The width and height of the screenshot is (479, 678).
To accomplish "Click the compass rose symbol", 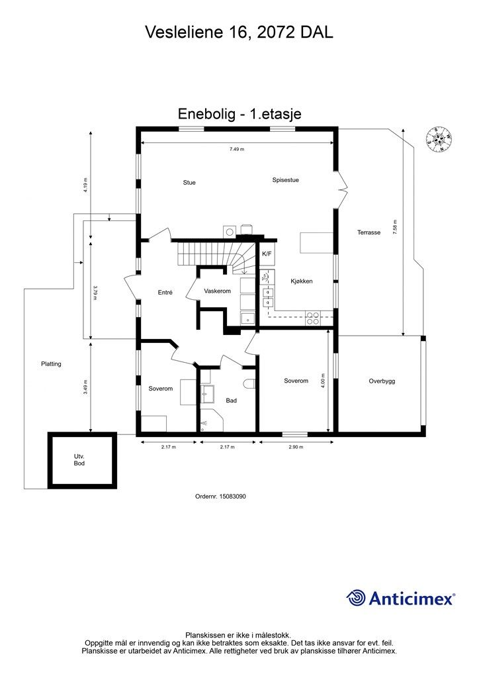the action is pos(439,139).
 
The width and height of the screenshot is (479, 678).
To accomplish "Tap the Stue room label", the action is pos(189,183).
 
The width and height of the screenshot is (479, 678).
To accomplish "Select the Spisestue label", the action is pos(286,180).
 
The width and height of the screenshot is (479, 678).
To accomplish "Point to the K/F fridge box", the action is pos(267,254).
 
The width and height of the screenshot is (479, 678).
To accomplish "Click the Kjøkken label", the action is pos(302,281).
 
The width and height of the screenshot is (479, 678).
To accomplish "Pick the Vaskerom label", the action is pos(217,291).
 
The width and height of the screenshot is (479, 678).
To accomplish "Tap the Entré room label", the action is pos(165,292).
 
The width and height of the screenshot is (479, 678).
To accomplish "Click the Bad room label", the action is pos(231,401).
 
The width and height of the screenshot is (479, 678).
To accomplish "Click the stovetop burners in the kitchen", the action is pos(313,318).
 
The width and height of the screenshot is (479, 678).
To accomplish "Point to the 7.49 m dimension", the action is pos(237,149).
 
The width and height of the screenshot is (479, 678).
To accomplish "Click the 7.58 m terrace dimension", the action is pos(394,228).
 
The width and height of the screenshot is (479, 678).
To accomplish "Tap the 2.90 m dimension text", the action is pos(296,447).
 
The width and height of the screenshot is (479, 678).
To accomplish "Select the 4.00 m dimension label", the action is pos(323,381).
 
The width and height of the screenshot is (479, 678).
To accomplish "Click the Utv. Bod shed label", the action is pos(79,460).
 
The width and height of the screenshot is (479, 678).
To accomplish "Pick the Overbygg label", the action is pos(382,381).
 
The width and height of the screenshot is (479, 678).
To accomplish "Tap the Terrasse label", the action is pos(369,232).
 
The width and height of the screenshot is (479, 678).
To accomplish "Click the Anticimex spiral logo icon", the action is pos(356,598).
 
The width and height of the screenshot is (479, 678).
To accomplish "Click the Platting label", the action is pos(51,364).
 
